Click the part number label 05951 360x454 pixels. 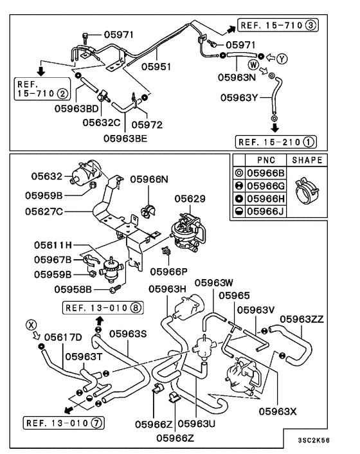[x=157, y=66]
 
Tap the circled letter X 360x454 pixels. [x=28, y=324]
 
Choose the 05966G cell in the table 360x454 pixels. [x=265, y=186]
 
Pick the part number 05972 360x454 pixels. [x=147, y=124]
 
